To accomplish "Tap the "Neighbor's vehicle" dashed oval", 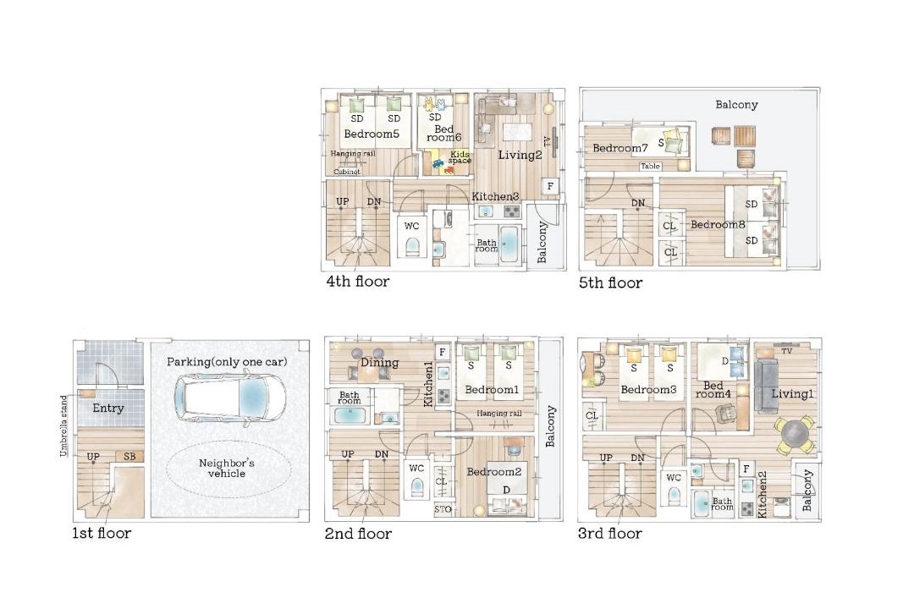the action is [228, 468].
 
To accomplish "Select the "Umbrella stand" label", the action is [63, 426].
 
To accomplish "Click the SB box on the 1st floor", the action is [129, 456].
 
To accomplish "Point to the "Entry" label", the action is [107, 408].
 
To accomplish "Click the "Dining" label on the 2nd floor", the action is [379, 363].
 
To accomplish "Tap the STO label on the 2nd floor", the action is [443, 509].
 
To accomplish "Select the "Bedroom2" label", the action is [493, 471].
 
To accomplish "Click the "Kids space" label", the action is [460, 157].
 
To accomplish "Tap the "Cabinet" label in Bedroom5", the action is [347, 172].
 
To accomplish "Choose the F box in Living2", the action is [550, 186].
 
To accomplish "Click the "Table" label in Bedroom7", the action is [651, 166].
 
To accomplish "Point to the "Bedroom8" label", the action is [718, 224].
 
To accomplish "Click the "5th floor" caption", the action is [610, 283].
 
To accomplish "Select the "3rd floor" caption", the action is [609, 533].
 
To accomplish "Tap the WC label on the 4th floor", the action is [411, 226].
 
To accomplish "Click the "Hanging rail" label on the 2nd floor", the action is [499, 413].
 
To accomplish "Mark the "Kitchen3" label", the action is [495, 196].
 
